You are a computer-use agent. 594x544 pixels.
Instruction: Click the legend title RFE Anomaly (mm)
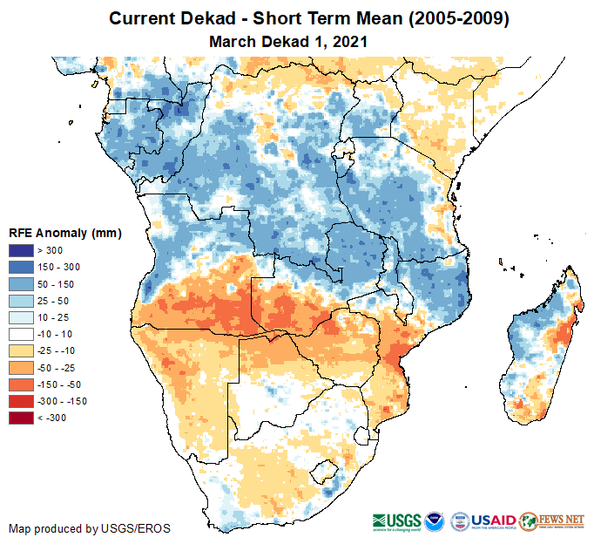click(x=64, y=233)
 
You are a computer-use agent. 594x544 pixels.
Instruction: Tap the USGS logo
click(x=398, y=520)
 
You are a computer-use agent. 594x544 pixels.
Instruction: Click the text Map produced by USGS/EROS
click(x=90, y=528)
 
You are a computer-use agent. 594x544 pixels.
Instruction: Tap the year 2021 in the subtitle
click(x=348, y=41)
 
